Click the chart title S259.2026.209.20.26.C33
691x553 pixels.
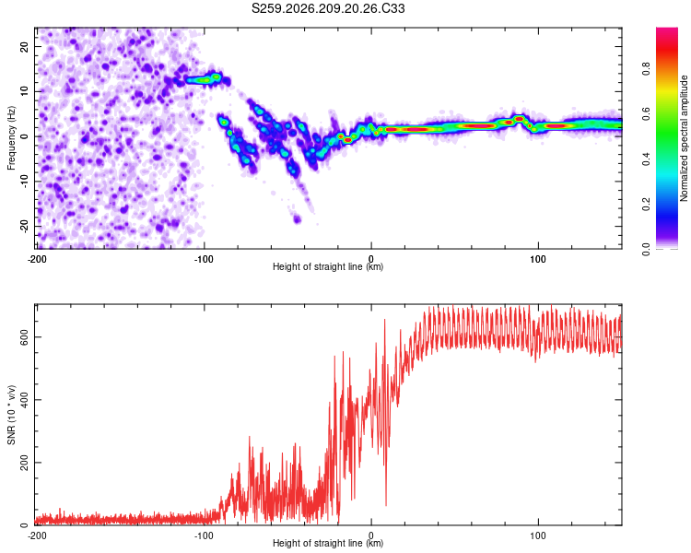[x=328, y=8]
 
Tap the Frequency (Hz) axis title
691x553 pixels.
[x=11, y=138]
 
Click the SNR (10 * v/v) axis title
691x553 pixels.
[x=11, y=415]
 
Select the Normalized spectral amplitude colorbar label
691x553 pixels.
[x=684, y=138]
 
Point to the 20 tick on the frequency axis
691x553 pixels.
[x=24, y=46]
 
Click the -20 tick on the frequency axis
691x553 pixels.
[x=24, y=227]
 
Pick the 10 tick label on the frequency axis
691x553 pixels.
[x=24, y=91]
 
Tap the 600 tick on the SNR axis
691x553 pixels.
[x=24, y=337]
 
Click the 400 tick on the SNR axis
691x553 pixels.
[x=24, y=399]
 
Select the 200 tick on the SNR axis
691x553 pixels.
[x=24, y=463]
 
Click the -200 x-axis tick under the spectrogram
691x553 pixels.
[x=37, y=259]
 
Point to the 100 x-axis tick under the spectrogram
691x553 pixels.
[x=538, y=259]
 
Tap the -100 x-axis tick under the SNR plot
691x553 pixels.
[x=204, y=535]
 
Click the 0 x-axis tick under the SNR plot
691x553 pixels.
[x=371, y=535]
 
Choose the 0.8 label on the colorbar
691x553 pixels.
[x=646, y=69]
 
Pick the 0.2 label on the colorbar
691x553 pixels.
[x=646, y=205]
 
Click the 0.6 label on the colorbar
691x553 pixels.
[x=646, y=113]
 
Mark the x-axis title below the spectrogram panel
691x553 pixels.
[x=328, y=266]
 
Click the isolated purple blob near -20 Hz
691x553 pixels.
[x=297, y=218]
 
